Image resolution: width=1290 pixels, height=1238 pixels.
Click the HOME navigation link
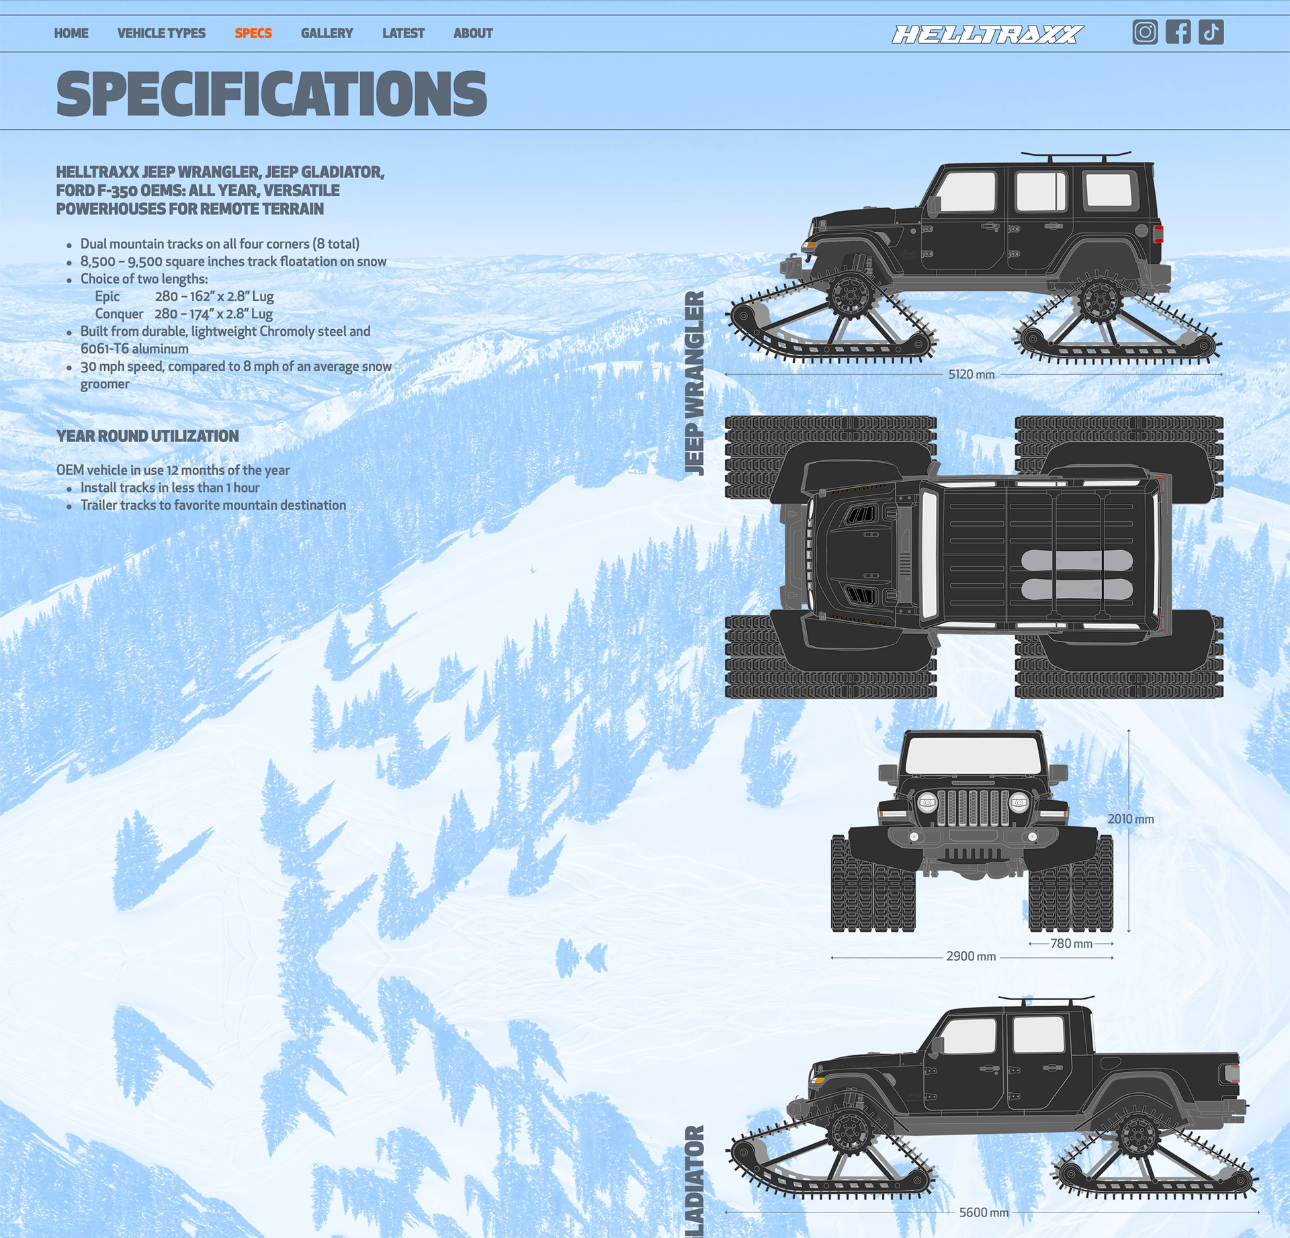[71, 33]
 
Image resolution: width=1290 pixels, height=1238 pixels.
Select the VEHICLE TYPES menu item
[161, 33]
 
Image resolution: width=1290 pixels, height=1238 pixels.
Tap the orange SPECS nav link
[253, 33]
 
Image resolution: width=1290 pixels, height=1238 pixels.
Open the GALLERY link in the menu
[327, 33]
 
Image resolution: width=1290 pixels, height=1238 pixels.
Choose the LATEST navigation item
[403, 33]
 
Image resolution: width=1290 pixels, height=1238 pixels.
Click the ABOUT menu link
[473, 33]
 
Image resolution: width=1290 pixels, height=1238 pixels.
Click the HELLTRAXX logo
[987, 34]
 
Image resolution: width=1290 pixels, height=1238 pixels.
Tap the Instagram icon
[1145, 32]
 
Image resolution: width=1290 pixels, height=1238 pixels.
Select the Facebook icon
[1178, 32]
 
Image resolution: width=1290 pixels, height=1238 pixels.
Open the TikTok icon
[1211, 32]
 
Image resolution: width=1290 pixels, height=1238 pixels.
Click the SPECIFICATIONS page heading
[271, 94]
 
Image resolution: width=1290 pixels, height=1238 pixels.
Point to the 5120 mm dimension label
[972, 374]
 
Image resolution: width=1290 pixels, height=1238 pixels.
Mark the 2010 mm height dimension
[1131, 819]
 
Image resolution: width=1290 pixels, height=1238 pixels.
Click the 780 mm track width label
[1071, 944]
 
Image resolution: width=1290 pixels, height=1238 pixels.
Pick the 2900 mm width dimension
[971, 957]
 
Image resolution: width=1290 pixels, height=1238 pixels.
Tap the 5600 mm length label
[984, 1212]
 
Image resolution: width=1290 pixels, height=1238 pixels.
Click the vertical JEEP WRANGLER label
[695, 383]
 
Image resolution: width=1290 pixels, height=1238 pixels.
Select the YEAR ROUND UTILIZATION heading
[148, 436]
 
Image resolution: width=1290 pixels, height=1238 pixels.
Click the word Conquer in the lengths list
[119, 314]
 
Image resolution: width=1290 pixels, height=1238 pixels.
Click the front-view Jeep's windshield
[972, 755]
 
